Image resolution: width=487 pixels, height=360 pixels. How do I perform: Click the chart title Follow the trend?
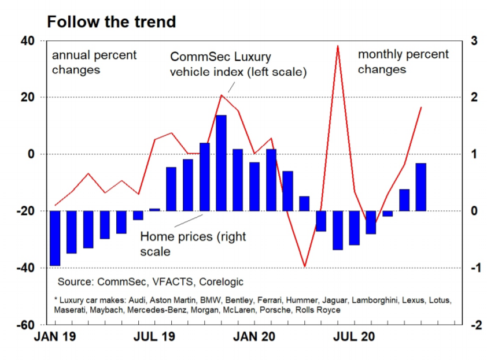coord(111,22)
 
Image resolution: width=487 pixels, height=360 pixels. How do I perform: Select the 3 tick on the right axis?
coord(474,41)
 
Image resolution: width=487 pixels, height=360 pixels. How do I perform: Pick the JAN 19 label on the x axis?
coord(57,336)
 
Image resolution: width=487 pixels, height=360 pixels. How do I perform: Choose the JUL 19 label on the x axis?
coord(157,336)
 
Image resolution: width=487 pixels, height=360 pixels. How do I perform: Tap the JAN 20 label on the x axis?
coord(256,336)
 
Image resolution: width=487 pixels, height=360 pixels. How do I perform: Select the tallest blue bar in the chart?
coord(221,163)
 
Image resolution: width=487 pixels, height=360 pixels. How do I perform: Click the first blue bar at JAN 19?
coord(55,238)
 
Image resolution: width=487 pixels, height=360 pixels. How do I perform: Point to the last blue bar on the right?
coord(421,187)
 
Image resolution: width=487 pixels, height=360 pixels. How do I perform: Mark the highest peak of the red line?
coord(338,46)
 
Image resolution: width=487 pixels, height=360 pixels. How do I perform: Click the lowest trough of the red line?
coord(305,266)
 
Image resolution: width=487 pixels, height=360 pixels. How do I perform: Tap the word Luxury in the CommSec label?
coord(252,58)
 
